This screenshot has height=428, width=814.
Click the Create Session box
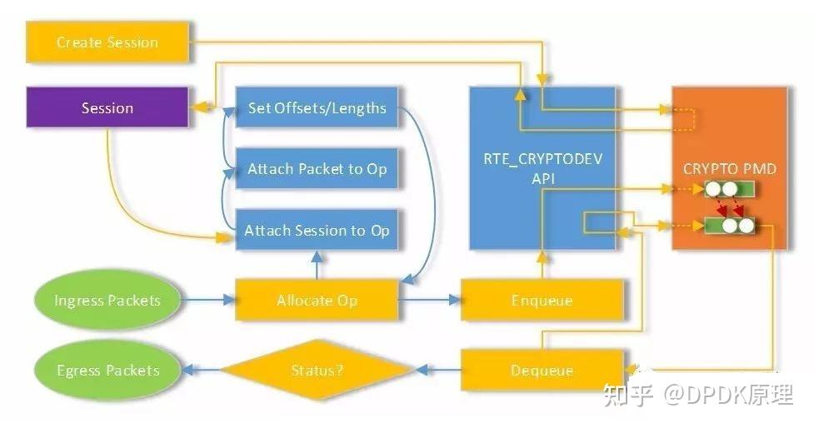pyautogui.click(x=108, y=42)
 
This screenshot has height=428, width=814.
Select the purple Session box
pyautogui.click(x=107, y=108)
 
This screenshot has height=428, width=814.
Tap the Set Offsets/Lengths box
pyautogui.click(x=317, y=108)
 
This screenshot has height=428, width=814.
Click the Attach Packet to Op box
pyautogui.click(x=317, y=169)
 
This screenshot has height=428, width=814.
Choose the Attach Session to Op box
pyautogui.click(x=317, y=231)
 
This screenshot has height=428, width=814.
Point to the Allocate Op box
pyautogui.click(x=317, y=301)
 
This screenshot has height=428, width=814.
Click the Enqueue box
pyautogui.click(x=542, y=301)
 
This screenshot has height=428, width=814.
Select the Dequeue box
pyautogui.click(x=542, y=371)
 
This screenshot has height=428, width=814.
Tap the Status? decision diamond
pyautogui.click(x=317, y=371)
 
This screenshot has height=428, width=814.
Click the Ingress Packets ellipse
pyautogui.click(x=107, y=301)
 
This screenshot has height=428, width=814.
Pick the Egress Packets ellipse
pyautogui.click(x=107, y=371)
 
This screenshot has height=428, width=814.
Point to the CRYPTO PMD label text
pyautogui.click(x=730, y=169)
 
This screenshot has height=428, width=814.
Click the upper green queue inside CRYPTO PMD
pyautogui.click(x=729, y=190)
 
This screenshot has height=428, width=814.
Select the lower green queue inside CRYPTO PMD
pyautogui.click(x=729, y=225)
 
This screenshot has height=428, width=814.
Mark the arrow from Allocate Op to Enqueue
pyautogui.click(x=429, y=301)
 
